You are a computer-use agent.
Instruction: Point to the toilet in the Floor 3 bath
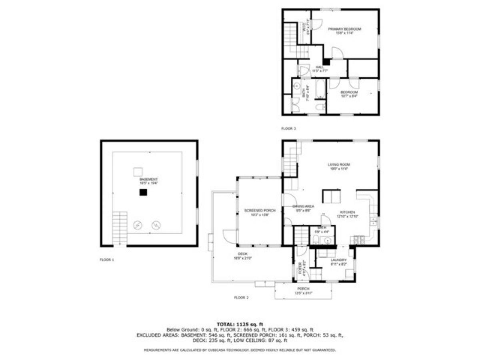tap(320, 107)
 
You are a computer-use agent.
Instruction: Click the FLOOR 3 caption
tap(289, 129)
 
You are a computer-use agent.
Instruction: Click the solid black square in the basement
tap(143, 192)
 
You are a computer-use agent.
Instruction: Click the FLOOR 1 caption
tap(107, 260)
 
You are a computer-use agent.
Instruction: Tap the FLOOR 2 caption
tap(241, 298)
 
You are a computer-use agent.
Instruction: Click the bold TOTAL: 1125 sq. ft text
tap(240, 324)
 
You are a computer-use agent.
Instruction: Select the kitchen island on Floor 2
tap(331, 196)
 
